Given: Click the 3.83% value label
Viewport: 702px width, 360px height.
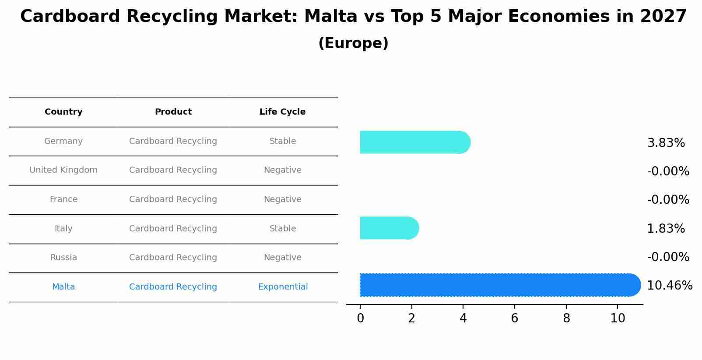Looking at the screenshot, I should coord(666,143).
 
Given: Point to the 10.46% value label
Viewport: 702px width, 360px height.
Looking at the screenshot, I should coord(669,286).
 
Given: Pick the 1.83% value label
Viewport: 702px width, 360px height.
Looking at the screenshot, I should coord(666,229).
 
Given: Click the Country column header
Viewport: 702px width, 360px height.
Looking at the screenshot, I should coord(63,112).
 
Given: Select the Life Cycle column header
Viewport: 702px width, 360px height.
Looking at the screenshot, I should coord(282,112).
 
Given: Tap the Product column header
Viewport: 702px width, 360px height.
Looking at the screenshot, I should coord(173,112).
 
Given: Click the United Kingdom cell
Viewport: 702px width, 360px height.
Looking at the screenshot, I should coord(63,170).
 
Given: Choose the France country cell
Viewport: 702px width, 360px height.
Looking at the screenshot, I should coord(63,199).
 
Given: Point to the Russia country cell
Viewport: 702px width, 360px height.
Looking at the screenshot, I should coord(63,258).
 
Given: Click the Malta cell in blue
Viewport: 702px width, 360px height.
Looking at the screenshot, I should coord(63,287).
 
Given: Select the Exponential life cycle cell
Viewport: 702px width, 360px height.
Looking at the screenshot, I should coord(283,287).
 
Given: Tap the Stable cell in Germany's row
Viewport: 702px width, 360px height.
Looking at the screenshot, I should coord(283,141).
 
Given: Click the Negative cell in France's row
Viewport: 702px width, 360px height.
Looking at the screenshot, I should coord(283,199).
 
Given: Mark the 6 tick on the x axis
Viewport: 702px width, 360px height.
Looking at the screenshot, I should coord(514,318).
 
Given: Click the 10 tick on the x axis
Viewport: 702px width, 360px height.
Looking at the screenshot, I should coord(618,318).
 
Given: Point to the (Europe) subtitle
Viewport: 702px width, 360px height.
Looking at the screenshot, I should coord(353,43).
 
